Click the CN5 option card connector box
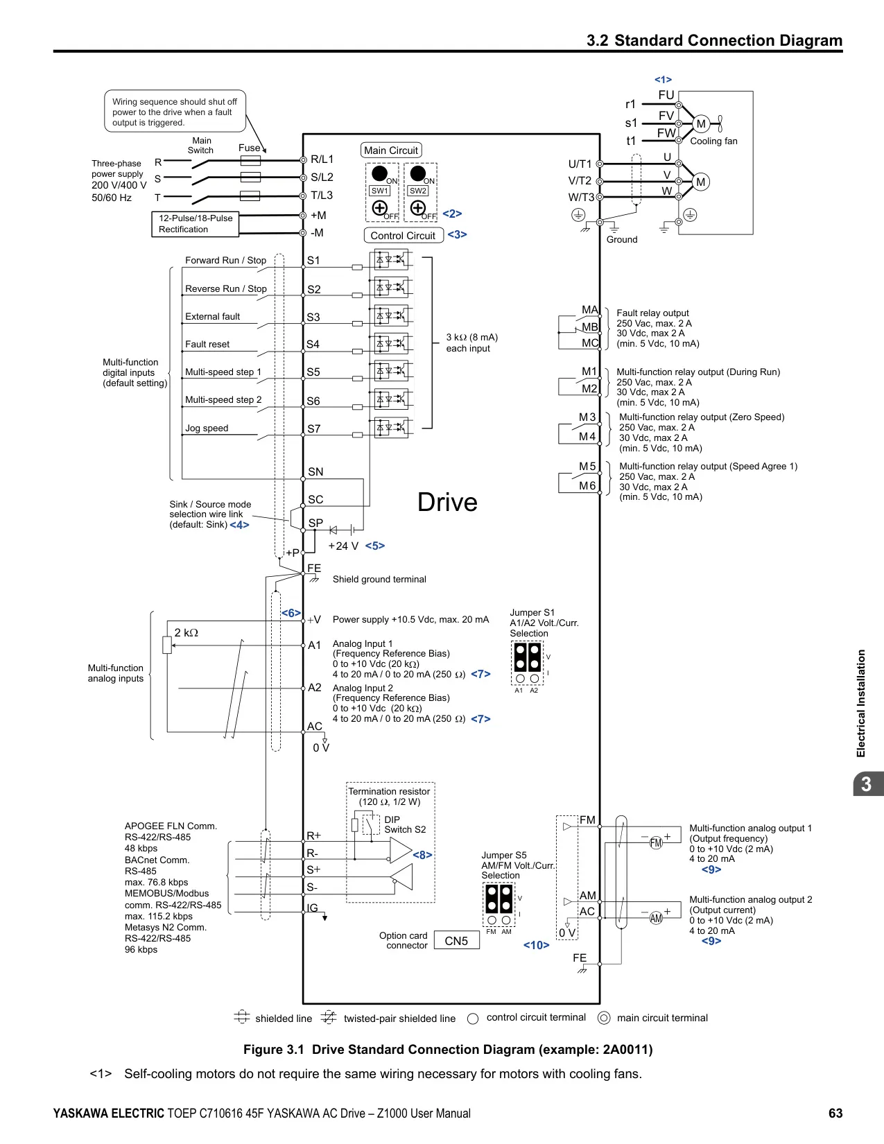pos(456,940)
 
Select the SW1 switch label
pos(380,191)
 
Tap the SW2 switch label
pos(418,191)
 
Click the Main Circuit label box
pos(391,150)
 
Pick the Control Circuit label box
pos(404,235)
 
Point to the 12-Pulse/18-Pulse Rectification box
pos(196,224)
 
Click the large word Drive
pos(447,502)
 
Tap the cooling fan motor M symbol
pos(701,123)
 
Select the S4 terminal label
pos(313,345)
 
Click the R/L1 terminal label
pos(322,159)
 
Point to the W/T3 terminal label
pos(581,198)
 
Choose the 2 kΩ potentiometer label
pos(187,632)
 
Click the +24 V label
pos(343,546)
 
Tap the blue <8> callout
pos(422,855)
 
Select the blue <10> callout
pos(537,945)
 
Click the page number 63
pos(835,1113)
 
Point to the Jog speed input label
pos(207,428)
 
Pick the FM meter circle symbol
pos(656,843)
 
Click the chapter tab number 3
pos(866,784)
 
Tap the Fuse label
pos(250,148)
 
